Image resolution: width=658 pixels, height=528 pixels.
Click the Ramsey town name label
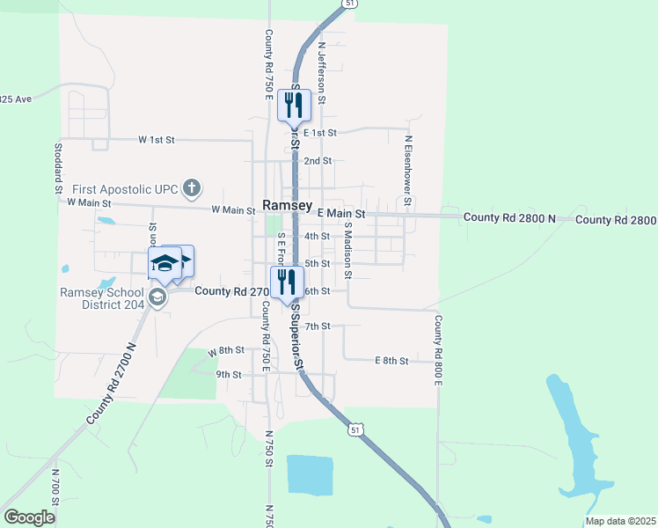click(x=287, y=205)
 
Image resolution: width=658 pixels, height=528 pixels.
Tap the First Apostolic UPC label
click(x=125, y=188)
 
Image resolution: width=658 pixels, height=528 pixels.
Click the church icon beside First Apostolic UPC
click(x=193, y=187)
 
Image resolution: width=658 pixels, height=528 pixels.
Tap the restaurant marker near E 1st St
click(x=293, y=106)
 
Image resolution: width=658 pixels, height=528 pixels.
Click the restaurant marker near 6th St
click(x=288, y=282)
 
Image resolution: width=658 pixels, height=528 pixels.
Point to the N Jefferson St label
click(x=322, y=74)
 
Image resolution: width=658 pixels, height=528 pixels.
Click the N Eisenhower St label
click(x=408, y=166)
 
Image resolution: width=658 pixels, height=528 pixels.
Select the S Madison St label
click(x=348, y=250)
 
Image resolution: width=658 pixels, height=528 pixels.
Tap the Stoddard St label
click(x=58, y=168)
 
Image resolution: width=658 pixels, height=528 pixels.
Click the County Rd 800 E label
click(x=437, y=350)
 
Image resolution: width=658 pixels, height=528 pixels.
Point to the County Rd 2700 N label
click(x=112, y=384)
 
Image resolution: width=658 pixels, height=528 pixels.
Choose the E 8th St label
click(x=391, y=361)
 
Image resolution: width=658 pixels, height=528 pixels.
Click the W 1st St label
click(x=157, y=140)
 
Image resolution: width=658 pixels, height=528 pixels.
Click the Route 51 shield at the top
click(x=350, y=4)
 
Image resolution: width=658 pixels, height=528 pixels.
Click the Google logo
click(x=30, y=517)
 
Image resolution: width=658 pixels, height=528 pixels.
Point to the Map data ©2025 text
click(x=620, y=521)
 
